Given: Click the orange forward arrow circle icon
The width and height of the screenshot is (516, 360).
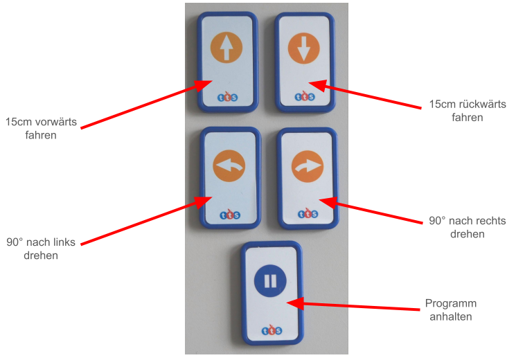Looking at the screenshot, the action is click(x=226, y=47).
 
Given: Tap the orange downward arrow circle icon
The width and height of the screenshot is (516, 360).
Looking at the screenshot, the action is click(x=304, y=48).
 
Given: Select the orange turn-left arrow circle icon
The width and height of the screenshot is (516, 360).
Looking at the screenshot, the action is click(x=229, y=166).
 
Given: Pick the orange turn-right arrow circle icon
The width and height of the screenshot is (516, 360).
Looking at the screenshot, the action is click(x=308, y=167).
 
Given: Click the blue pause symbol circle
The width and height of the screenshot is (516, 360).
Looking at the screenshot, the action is click(x=270, y=281).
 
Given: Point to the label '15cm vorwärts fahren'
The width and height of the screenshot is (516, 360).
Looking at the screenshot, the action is click(x=41, y=128).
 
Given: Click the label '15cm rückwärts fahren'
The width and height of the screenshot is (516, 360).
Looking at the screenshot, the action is click(x=468, y=111).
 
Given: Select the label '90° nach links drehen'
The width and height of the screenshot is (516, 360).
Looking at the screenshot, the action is click(x=41, y=249).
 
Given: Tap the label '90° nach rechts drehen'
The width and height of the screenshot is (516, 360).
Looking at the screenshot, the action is click(x=468, y=227).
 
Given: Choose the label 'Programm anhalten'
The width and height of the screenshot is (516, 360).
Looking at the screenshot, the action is click(x=450, y=309).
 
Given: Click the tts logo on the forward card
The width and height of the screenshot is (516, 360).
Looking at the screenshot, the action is click(x=227, y=96).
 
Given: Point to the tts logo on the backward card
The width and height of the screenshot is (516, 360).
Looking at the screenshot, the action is click(x=304, y=96).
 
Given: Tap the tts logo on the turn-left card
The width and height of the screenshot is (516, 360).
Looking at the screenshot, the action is click(x=230, y=215).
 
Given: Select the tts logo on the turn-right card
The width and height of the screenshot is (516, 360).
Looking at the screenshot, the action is click(x=308, y=213).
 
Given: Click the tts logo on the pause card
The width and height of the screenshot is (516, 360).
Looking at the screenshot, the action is click(x=272, y=330).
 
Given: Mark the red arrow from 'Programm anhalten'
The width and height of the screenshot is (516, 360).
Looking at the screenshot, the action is click(x=353, y=306).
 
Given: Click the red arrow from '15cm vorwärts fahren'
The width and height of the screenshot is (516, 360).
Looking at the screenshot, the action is click(x=147, y=104).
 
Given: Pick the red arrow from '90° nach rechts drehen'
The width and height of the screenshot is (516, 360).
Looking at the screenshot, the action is click(x=371, y=210).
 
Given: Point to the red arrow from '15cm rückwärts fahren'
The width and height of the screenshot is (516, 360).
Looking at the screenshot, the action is click(x=365, y=94).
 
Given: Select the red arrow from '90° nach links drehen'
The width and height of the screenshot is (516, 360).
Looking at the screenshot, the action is click(x=147, y=220).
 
